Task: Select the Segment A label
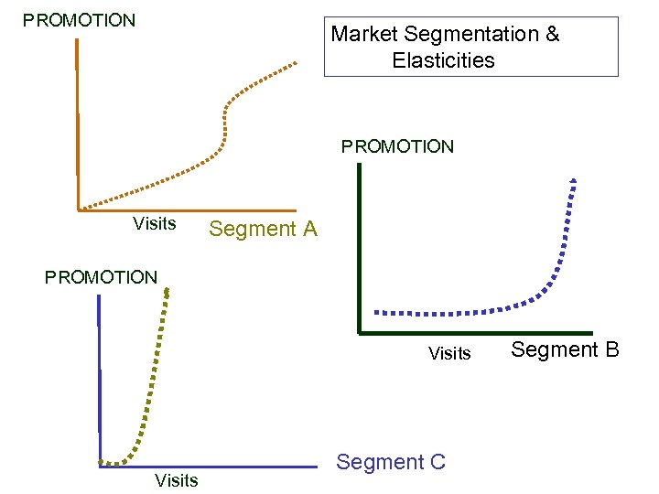pos(263,230)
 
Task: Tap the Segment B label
pos(565,349)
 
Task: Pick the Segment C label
pos(391,462)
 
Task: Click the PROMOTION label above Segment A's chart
pos(80,20)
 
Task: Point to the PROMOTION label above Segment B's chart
pos(397,146)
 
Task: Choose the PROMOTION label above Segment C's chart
pos(101,276)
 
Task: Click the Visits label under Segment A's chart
pos(155,223)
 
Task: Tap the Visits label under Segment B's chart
pos(449,353)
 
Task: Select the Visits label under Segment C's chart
pos(177,480)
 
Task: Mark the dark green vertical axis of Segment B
pos(360,247)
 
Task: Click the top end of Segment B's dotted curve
pos(573,179)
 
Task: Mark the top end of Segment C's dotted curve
pos(168,290)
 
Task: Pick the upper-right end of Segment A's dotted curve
pos(295,63)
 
